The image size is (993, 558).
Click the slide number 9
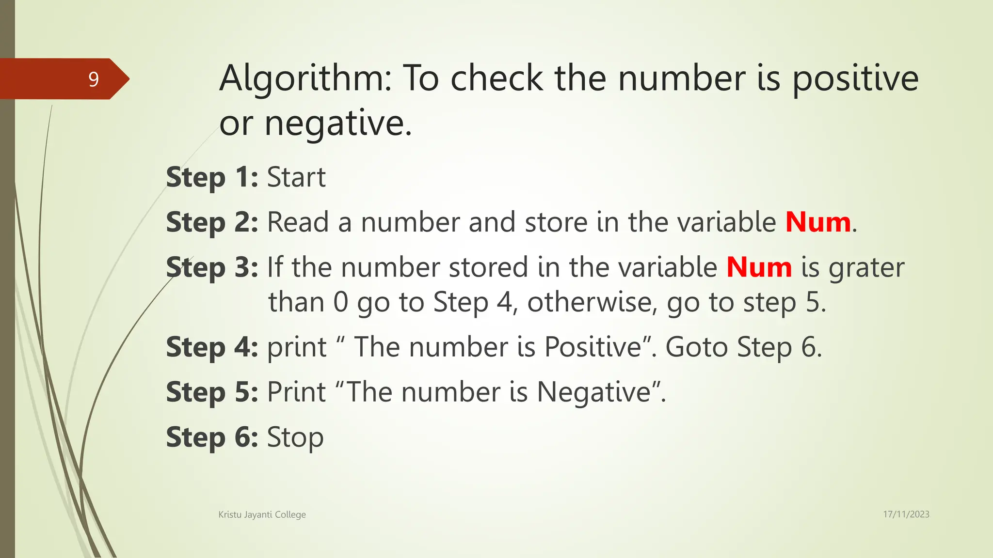(x=94, y=79)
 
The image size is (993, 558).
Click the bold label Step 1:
(x=212, y=177)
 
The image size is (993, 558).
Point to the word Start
(x=296, y=177)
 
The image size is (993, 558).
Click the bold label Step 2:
(x=212, y=222)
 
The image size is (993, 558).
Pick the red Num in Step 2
(x=818, y=222)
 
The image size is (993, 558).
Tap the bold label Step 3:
(x=212, y=267)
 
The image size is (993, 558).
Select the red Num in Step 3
(x=759, y=267)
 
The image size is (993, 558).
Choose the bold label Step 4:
(x=212, y=347)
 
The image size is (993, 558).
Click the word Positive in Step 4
(x=593, y=347)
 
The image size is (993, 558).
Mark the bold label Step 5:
(x=212, y=392)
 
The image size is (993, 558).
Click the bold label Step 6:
(x=212, y=437)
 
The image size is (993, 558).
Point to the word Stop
(x=295, y=438)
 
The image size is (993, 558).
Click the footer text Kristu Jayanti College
(x=262, y=514)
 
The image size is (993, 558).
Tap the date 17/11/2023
(x=906, y=514)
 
